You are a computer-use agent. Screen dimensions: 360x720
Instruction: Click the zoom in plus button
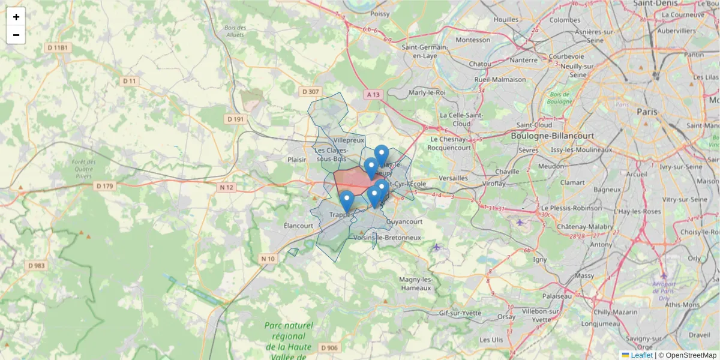[16, 17]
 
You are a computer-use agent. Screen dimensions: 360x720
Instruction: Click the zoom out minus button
[16, 35]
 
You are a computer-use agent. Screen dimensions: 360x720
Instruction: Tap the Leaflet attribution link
[641, 355]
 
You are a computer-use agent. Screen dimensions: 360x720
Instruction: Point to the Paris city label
[647, 112]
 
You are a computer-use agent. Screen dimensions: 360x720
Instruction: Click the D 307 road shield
[310, 92]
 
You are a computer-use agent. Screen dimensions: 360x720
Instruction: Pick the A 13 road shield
[374, 94]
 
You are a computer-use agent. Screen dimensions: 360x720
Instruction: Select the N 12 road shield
[226, 187]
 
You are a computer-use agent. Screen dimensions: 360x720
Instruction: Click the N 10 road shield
[268, 259]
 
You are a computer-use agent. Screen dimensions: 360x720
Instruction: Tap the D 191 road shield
[236, 119]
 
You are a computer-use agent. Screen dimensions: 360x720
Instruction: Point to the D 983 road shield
[37, 265]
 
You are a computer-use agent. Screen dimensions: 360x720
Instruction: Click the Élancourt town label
[299, 226]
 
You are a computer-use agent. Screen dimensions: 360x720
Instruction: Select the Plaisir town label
[297, 160]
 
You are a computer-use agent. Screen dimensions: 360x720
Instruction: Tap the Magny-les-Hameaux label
[416, 284]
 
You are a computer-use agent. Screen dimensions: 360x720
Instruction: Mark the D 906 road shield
[329, 347]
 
